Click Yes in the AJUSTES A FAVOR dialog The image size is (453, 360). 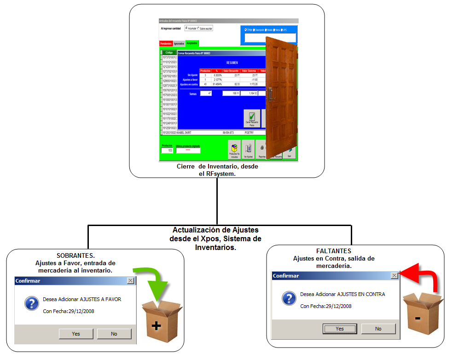pos(76,334)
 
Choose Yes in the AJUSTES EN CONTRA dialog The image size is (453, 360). pos(340,329)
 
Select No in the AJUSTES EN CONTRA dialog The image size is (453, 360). pos(378,329)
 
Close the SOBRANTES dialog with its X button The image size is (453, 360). pos(130,280)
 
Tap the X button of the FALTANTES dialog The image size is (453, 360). pos(394,275)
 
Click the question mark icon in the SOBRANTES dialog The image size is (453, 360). pos(31,303)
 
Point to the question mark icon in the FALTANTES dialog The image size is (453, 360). pos(289,298)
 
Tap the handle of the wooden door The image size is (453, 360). pos(271,94)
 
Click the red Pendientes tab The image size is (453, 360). pos(166,43)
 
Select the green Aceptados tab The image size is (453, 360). pos(192,43)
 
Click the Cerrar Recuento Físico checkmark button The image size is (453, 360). pos(252,118)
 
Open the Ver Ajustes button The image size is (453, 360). pos(248,150)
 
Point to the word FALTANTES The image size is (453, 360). pos(333,251)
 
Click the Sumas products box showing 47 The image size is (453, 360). pos(206,93)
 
